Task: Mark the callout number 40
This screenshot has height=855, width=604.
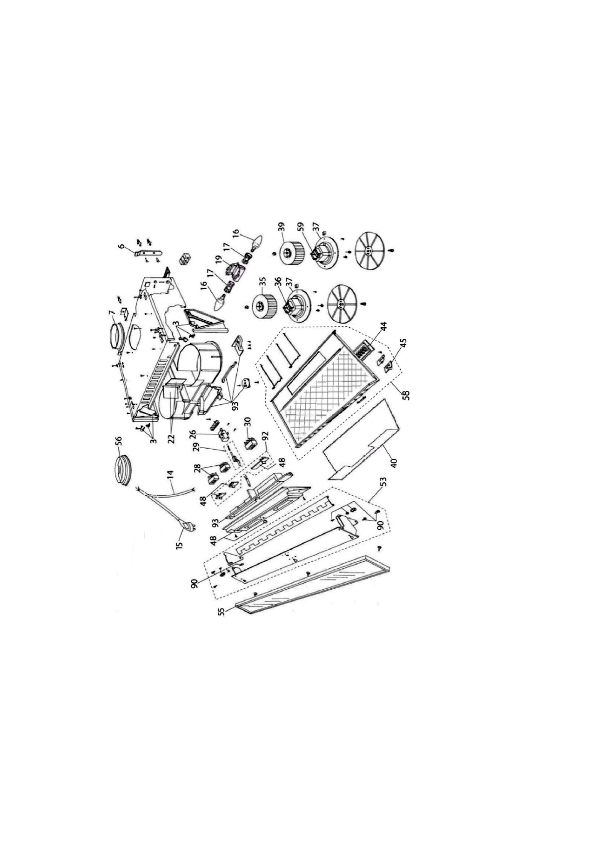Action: point(395,463)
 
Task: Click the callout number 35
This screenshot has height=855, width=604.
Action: point(264,282)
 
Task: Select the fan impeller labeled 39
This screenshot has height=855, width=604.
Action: point(289,252)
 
